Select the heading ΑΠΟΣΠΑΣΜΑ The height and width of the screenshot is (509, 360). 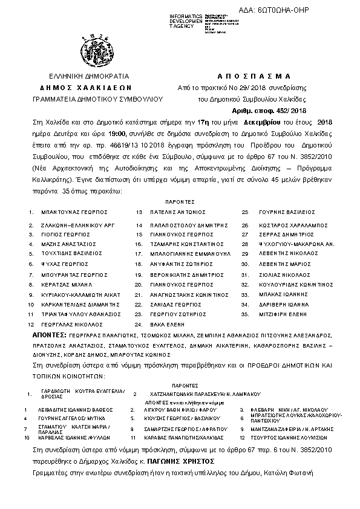pos(254,77)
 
